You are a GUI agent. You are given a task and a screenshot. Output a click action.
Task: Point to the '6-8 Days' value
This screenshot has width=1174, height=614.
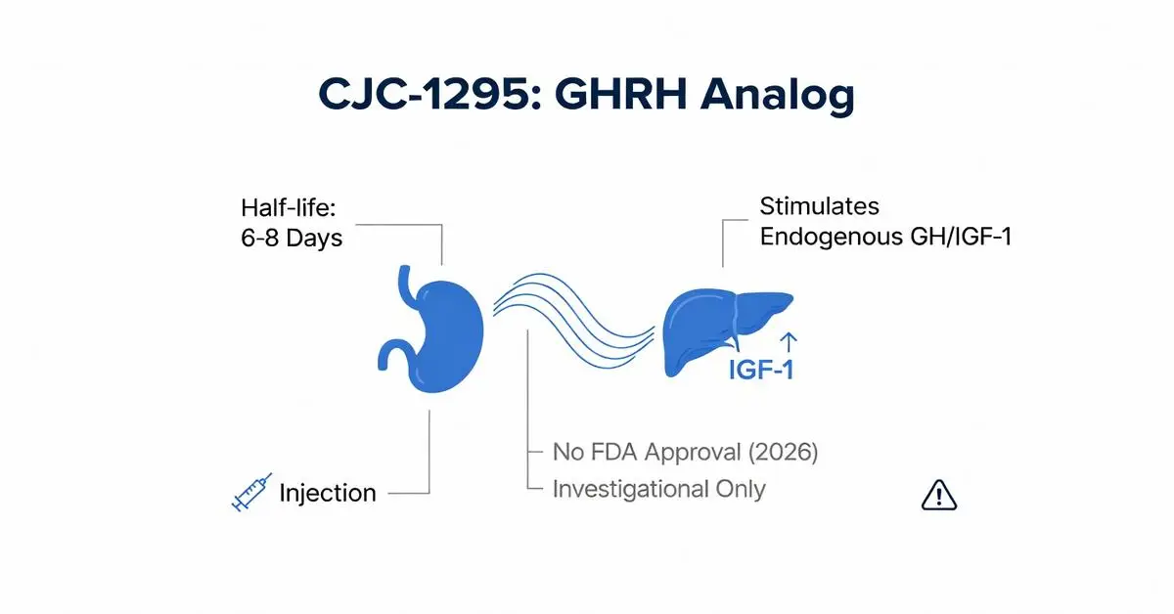click(x=292, y=238)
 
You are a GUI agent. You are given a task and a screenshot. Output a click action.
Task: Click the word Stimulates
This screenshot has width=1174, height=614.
click(x=819, y=206)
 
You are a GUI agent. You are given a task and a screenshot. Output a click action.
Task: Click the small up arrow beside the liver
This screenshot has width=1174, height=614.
click(x=790, y=340)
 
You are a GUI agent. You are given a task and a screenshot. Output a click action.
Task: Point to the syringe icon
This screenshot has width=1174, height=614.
click(x=249, y=493)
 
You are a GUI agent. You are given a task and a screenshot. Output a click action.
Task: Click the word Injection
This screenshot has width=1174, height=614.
click(x=328, y=493)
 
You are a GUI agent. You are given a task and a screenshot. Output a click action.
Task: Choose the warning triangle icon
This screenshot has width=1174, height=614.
click(x=938, y=497)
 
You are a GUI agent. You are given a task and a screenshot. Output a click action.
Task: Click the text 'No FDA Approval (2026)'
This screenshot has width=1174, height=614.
click(x=685, y=453)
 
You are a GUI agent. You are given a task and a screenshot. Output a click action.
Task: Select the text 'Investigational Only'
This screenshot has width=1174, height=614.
click(x=658, y=489)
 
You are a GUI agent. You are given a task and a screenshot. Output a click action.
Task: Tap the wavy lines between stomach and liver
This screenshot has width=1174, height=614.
click(x=572, y=307)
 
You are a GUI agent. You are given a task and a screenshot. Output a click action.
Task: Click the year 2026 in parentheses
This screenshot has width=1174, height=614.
click(x=783, y=453)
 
